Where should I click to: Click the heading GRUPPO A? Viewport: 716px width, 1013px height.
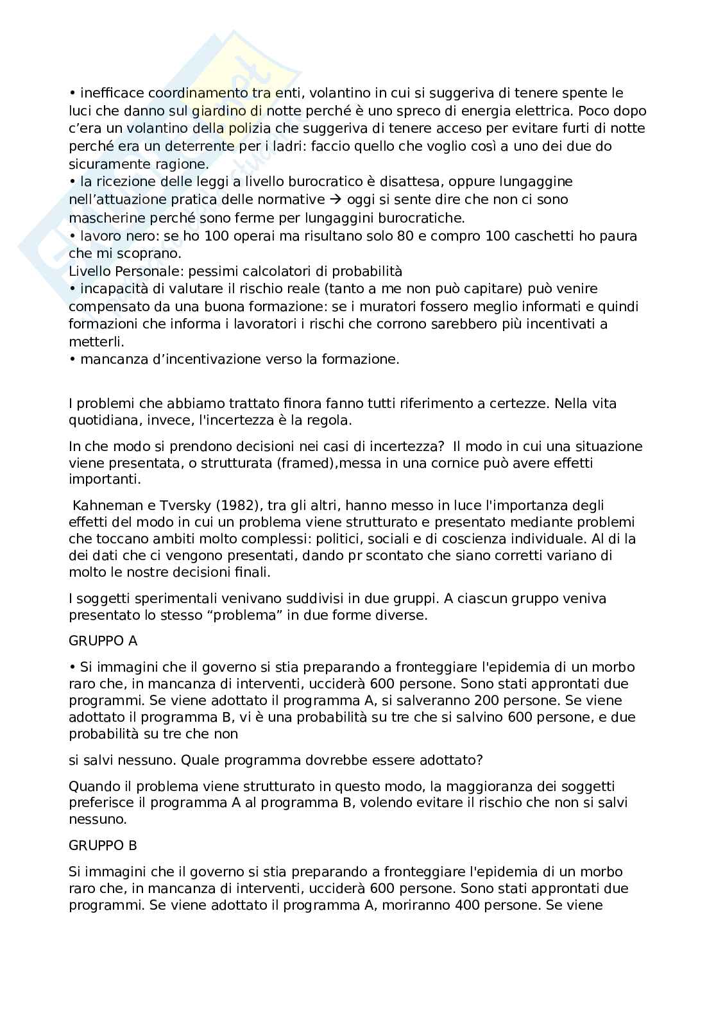tap(103, 640)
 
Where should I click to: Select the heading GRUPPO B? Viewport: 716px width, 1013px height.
tap(103, 846)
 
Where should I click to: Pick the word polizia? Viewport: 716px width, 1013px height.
tap(250, 128)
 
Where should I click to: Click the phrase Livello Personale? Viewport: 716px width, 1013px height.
tap(122, 271)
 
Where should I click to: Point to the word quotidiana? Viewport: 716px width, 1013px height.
tap(106, 421)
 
